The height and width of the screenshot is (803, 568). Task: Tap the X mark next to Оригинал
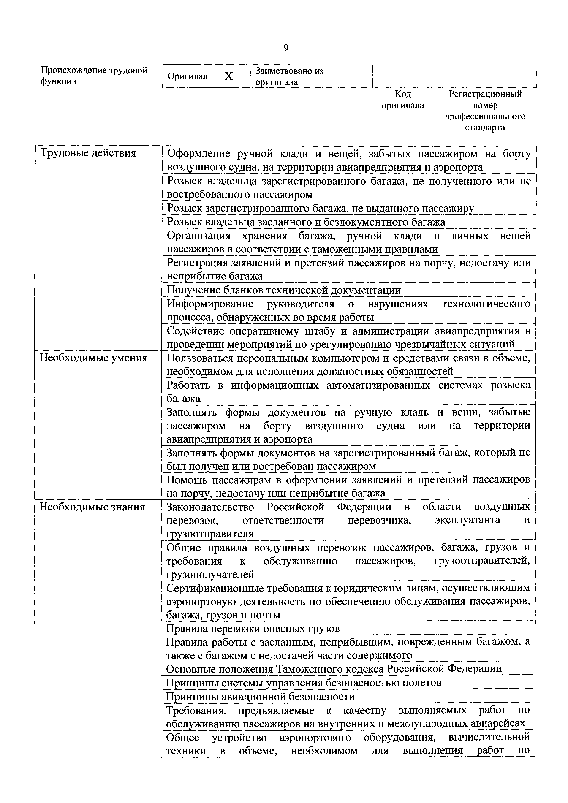click(228, 76)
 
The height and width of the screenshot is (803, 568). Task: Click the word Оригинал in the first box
click(188, 76)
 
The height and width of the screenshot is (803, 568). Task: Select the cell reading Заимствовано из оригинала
click(290, 76)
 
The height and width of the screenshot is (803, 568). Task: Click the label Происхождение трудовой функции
click(94, 76)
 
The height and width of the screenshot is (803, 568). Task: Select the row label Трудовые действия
click(89, 153)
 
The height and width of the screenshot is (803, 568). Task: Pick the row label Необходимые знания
click(92, 507)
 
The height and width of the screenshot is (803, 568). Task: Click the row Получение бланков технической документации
click(284, 290)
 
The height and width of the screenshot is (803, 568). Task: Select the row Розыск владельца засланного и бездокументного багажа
click(306, 222)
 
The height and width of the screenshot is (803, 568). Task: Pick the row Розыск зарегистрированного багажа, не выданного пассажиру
click(320, 209)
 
